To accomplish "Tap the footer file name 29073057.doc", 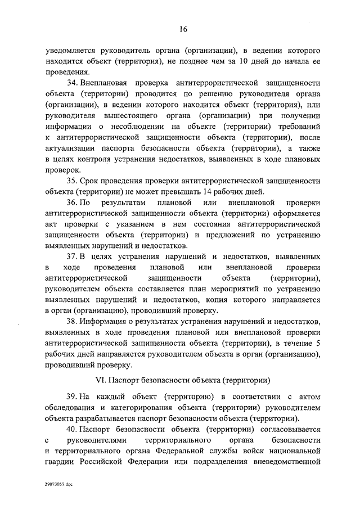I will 58,483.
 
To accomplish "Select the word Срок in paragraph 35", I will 91,181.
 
